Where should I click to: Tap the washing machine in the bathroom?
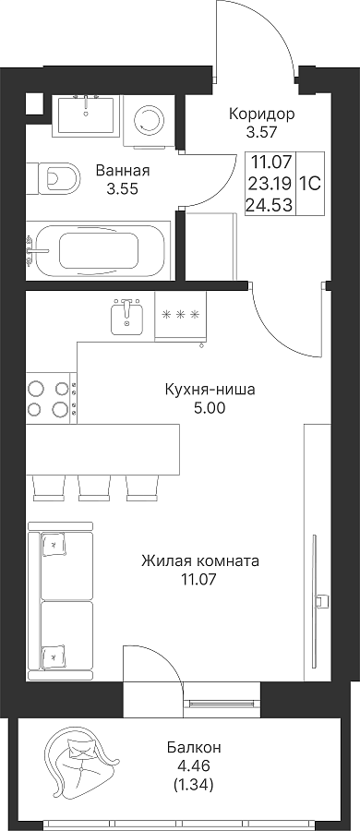[149, 120]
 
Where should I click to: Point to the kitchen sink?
[126, 316]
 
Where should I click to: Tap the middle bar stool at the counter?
[95, 488]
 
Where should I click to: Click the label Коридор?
[261, 114]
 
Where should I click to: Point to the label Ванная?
[123, 171]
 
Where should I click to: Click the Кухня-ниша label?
[210, 390]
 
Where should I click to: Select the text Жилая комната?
[200, 560]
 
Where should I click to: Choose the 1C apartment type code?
[309, 185]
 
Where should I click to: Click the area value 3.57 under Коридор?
[261, 131]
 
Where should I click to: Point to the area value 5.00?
[210, 408]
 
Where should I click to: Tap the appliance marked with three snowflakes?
[181, 316]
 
